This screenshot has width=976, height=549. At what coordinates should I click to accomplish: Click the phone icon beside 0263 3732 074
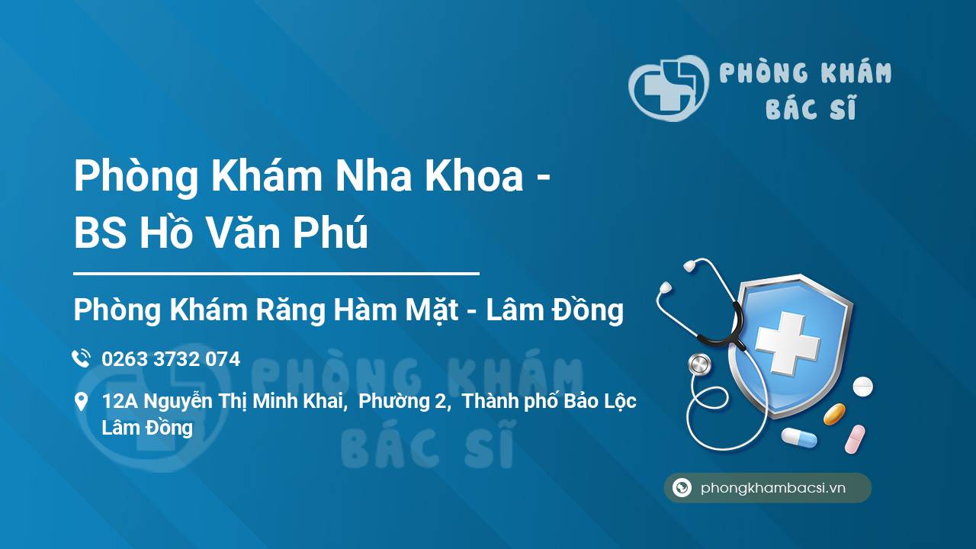tap(81, 358)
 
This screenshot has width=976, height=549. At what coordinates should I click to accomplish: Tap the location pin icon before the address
tap(81, 402)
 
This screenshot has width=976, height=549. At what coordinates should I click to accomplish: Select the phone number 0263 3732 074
tap(171, 359)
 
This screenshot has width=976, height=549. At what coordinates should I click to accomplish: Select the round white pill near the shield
tap(862, 387)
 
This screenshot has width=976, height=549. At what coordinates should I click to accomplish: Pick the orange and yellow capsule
tap(834, 414)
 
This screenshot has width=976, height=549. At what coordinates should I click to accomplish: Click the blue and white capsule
tap(799, 438)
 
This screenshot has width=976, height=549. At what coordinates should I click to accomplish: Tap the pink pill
tap(855, 439)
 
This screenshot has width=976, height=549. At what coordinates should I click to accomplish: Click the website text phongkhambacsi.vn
tap(773, 489)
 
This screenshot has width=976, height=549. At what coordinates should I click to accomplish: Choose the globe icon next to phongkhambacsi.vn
tap(682, 488)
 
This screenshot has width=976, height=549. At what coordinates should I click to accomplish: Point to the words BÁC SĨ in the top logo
tap(811, 109)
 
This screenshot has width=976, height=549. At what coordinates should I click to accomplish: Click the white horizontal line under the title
tap(276, 272)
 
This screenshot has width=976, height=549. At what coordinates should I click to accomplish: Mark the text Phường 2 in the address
tap(404, 401)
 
